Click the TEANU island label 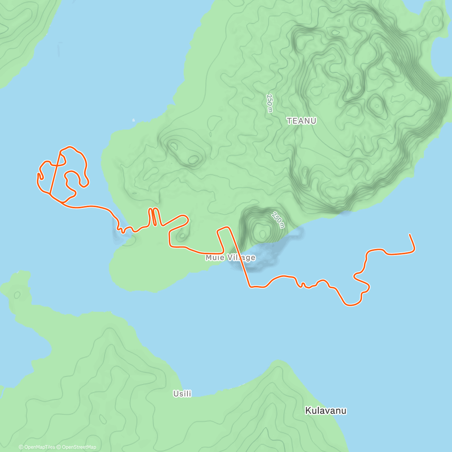[x=301, y=121]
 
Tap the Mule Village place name [x=230, y=258]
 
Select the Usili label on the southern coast [x=182, y=394]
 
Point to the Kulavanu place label [x=325, y=411]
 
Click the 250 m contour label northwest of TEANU [x=269, y=103]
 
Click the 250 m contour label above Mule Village [x=278, y=220]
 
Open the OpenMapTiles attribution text [x=39, y=447]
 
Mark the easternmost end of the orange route [x=409, y=235]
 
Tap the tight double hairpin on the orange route [x=153, y=217]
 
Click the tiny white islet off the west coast [x=133, y=121]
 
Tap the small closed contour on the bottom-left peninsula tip [x=17, y=295]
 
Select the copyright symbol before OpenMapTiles [x=21, y=447]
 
